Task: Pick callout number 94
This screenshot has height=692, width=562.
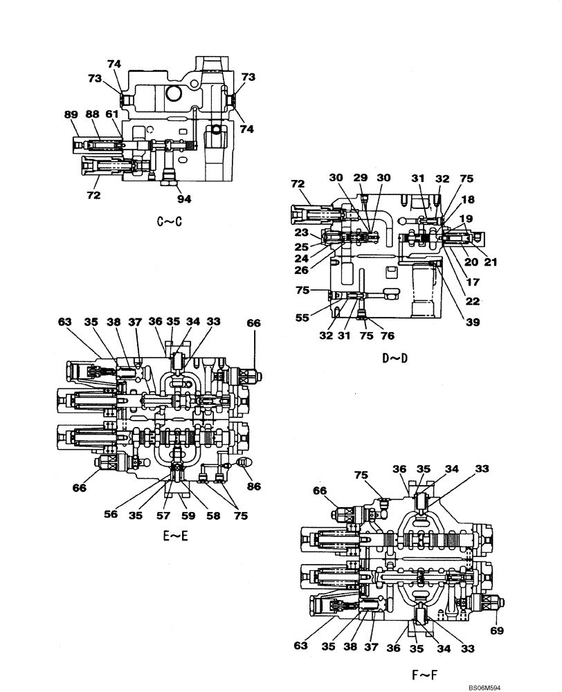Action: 183,199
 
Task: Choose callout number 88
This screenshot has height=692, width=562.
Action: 91,115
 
